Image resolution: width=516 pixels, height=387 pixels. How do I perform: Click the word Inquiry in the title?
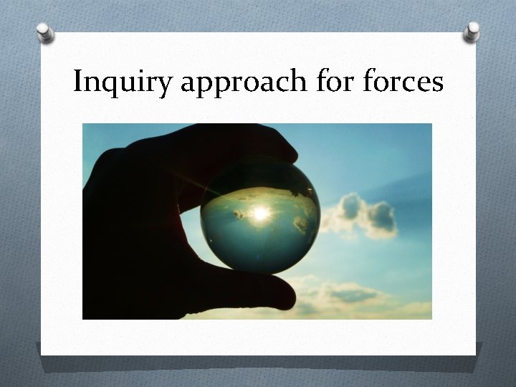pos(123,83)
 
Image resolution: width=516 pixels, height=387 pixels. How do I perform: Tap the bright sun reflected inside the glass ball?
pos(259,213)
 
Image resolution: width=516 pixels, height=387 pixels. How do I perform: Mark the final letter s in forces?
pos(437,84)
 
